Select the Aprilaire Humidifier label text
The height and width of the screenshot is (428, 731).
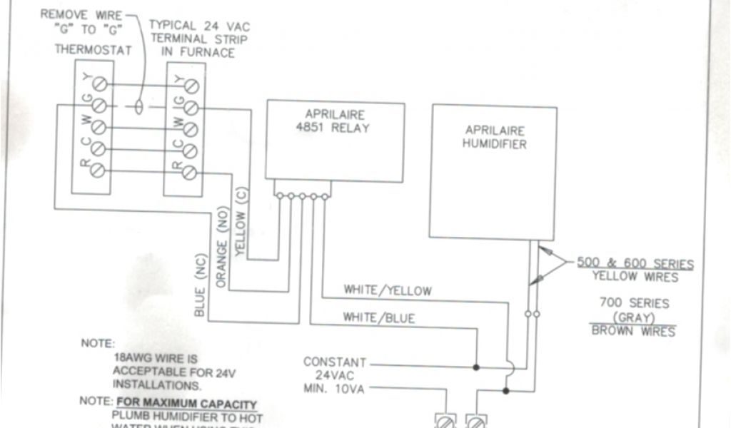click(x=495, y=137)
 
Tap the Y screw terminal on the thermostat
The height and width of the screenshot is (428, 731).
click(x=100, y=85)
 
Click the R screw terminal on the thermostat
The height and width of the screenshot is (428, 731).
click(x=100, y=171)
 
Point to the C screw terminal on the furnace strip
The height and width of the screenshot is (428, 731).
click(x=191, y=150)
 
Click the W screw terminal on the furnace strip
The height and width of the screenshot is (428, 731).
click(x=191, y=128)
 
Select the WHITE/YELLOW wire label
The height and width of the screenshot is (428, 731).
click(x=388, y=290)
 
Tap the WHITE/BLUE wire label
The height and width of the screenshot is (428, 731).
click(x=379, y=318)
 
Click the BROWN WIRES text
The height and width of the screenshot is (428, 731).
click(x=633, y=331)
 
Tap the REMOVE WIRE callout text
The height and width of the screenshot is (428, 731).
click(x=81, y=14)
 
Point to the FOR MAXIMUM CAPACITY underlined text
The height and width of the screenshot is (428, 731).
click(x=187, y=404)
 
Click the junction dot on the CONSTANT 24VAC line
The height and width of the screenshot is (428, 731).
click(x=476, y=367)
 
